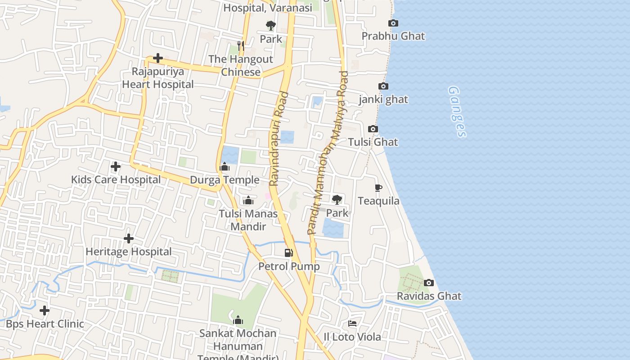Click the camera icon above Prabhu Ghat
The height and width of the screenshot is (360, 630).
click(x=393, y=23)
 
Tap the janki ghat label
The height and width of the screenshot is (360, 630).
click(x=383, y=99)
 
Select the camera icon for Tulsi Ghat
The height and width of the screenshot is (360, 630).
click(x=373, y=129)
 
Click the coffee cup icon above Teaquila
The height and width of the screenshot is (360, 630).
click(x=378, y=188)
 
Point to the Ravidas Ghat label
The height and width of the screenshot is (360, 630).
click(x=429, y=296)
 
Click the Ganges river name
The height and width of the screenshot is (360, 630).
click(x=457, y=112)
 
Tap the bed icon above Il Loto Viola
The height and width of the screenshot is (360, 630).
click(x=352, y=324)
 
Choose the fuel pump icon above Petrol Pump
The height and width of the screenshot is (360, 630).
click(x=289, y=253)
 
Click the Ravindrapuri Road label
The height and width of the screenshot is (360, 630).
click(x=279, y=139)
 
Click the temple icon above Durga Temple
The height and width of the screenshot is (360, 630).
click(x=225, y=167)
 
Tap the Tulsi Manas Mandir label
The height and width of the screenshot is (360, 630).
click(x=248, y=220)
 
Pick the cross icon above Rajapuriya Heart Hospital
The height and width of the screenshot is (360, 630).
click(x=158, y=58)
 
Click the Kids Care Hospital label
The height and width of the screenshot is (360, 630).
click(x=116, y=180)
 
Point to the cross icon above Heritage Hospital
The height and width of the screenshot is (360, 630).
click(x=129, y=238)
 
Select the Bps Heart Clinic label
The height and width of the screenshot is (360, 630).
click(x=45, y=324)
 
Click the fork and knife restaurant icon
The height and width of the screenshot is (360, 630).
click(x=241, y=45)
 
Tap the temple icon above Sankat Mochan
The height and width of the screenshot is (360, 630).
click(x=238, y=320)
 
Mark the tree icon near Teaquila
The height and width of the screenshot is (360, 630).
click(x=337, y=199)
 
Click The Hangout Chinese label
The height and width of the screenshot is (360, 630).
click(x=241, y=65)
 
